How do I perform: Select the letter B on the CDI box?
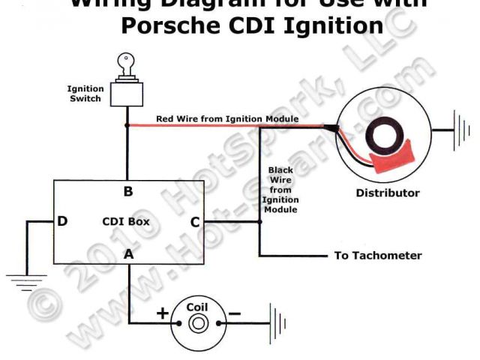tap(128, 191)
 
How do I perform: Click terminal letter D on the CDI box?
tap(62, 221)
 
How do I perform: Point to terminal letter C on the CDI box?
tap(195, 221)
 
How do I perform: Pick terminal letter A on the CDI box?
tap(128, 253)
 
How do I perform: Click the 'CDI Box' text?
tap(126, 221)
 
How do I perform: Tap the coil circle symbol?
tap(197, 322)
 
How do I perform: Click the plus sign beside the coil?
tap(162, 313)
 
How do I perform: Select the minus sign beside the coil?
tap(234, 313)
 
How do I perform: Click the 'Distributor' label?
tap(388, 193)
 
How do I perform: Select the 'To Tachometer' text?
tap(378, 255)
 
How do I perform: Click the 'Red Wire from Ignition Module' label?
tap(227, 118)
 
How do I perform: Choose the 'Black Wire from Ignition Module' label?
tap(281, 190)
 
